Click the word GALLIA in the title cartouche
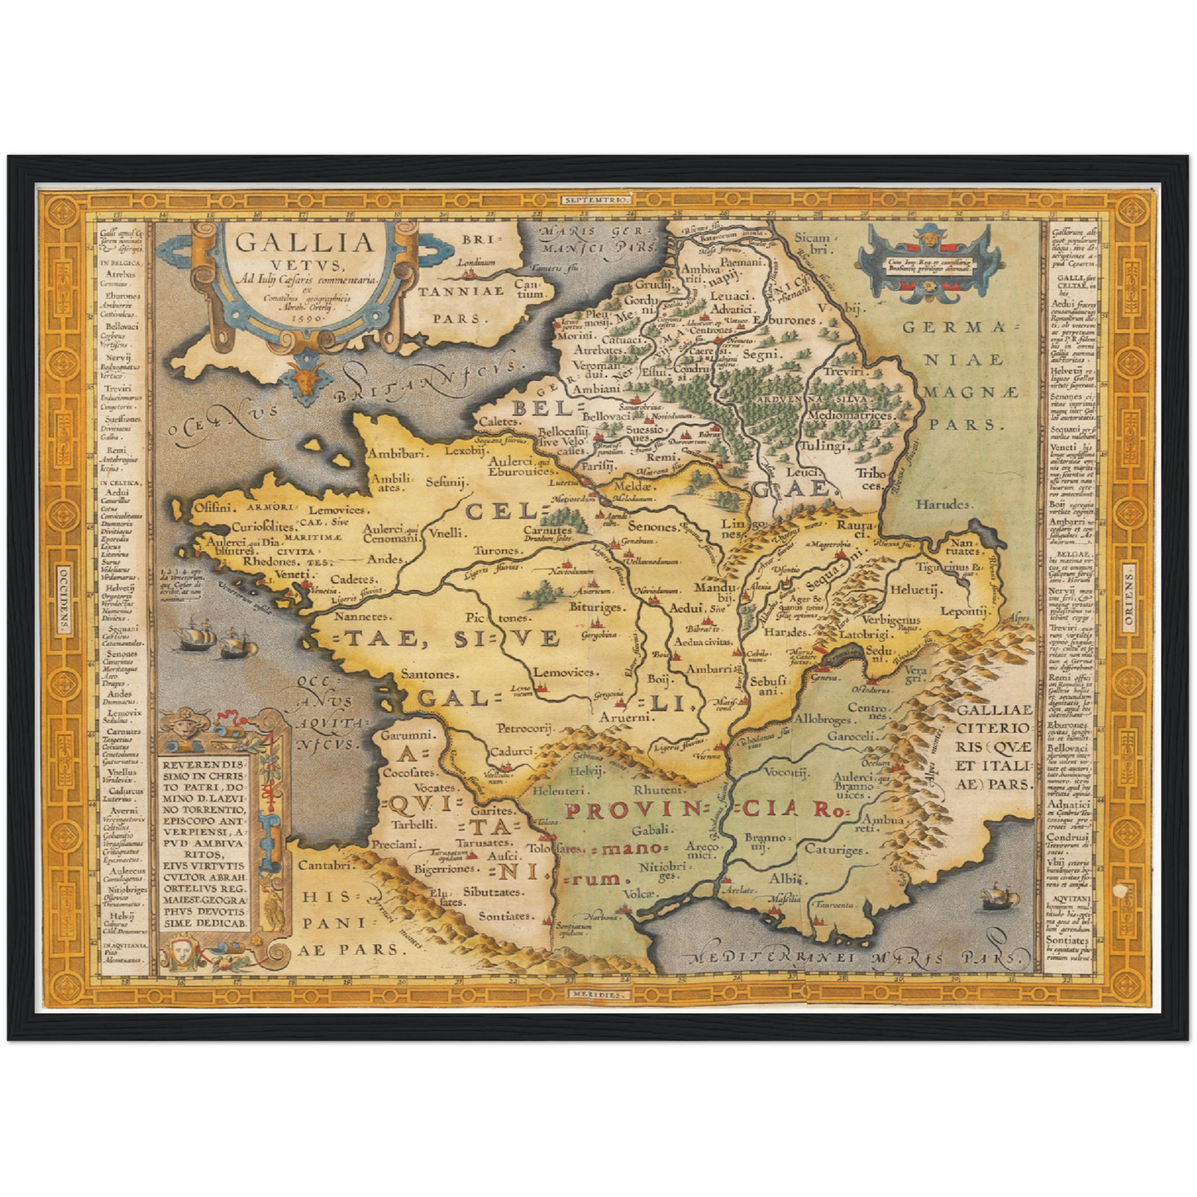(305, 244)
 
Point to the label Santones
(429, 674)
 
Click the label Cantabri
(327, 865)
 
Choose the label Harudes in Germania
(943, 504)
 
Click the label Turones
(497, 550)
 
